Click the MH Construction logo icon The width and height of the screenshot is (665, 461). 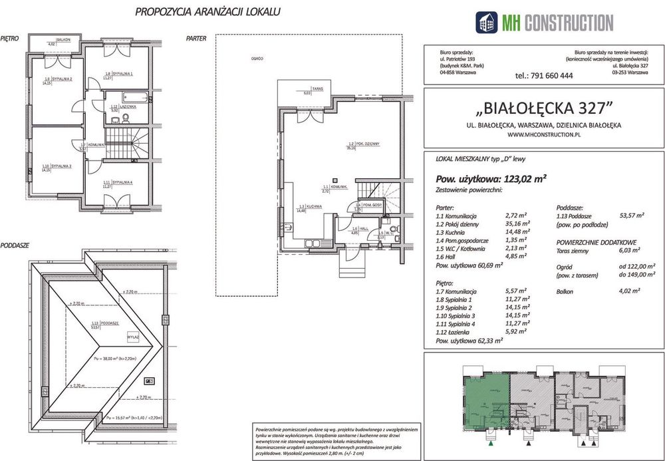click(487, 22)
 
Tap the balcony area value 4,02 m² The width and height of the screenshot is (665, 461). click(628, 291)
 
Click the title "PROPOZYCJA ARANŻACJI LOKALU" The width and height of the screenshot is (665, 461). click(207, 11)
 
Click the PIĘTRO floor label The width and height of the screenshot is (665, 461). click(10, 39)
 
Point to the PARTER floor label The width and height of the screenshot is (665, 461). click(198, 39)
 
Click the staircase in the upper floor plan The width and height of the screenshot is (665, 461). click(120, 140)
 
